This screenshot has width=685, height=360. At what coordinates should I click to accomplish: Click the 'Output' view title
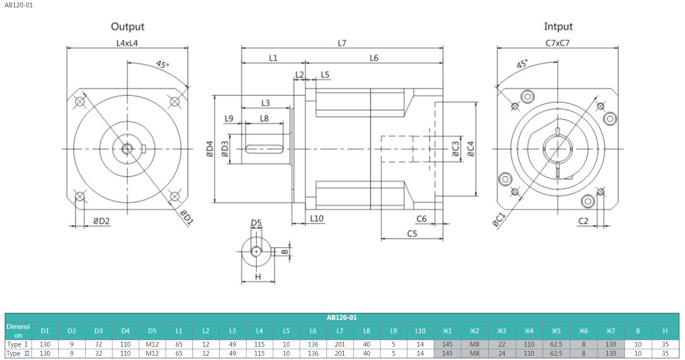click(128, 27)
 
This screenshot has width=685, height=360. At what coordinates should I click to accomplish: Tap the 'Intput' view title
click(558, 27)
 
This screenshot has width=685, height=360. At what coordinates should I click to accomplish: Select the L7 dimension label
click(342, 43)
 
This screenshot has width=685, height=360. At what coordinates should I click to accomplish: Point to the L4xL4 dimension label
click(127, 43)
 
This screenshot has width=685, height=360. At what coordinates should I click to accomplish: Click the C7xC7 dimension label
click(557, 43)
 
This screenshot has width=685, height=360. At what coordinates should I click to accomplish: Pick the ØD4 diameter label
click(210, 149)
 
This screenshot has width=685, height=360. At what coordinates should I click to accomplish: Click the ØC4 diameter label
click(471, 149)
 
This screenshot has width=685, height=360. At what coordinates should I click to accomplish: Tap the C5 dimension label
click(412, 234)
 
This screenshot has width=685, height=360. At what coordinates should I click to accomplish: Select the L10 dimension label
click(317, 219)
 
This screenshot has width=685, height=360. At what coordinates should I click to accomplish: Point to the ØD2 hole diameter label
click(102, 221)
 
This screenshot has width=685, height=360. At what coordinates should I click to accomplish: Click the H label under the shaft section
click(258, 277)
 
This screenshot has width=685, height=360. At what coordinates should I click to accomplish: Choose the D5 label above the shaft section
click(256, 223)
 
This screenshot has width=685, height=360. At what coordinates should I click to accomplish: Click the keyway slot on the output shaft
click(264, 149)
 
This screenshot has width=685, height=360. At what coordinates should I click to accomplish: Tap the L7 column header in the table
click(340, 331)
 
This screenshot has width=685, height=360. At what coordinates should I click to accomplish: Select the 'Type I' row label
click(17, 344)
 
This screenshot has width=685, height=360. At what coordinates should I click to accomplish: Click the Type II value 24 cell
click(502, 354)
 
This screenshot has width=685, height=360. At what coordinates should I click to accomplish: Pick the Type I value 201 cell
click(340, 344)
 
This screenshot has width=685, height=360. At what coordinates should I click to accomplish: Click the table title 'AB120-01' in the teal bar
click(342, 318)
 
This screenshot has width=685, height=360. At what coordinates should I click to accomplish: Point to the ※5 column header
click(556, 331)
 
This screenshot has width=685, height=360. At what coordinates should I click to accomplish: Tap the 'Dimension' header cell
click(18, 331)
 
